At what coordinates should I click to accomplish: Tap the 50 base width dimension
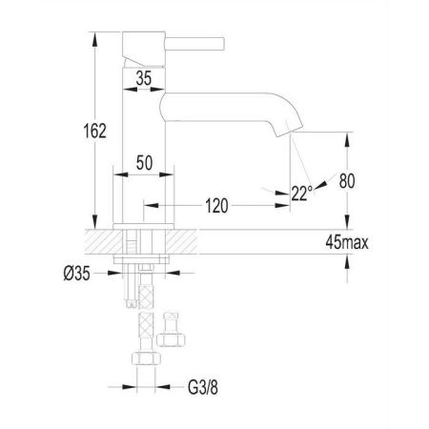145,162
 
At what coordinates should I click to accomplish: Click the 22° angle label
301,194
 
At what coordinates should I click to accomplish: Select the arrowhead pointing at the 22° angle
322,183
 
